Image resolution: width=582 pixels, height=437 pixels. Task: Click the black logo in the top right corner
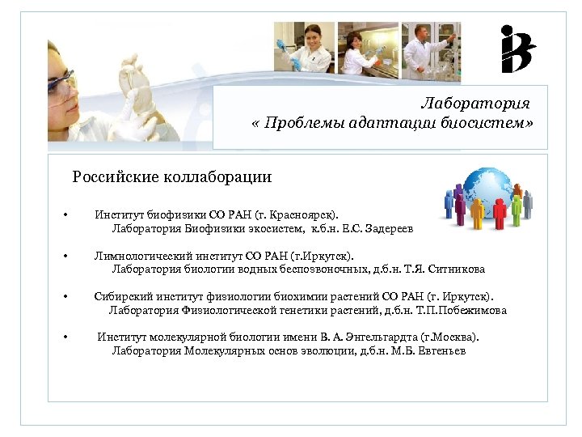coord(517,49)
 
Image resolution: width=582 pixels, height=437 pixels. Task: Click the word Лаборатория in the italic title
coord(475,104)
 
